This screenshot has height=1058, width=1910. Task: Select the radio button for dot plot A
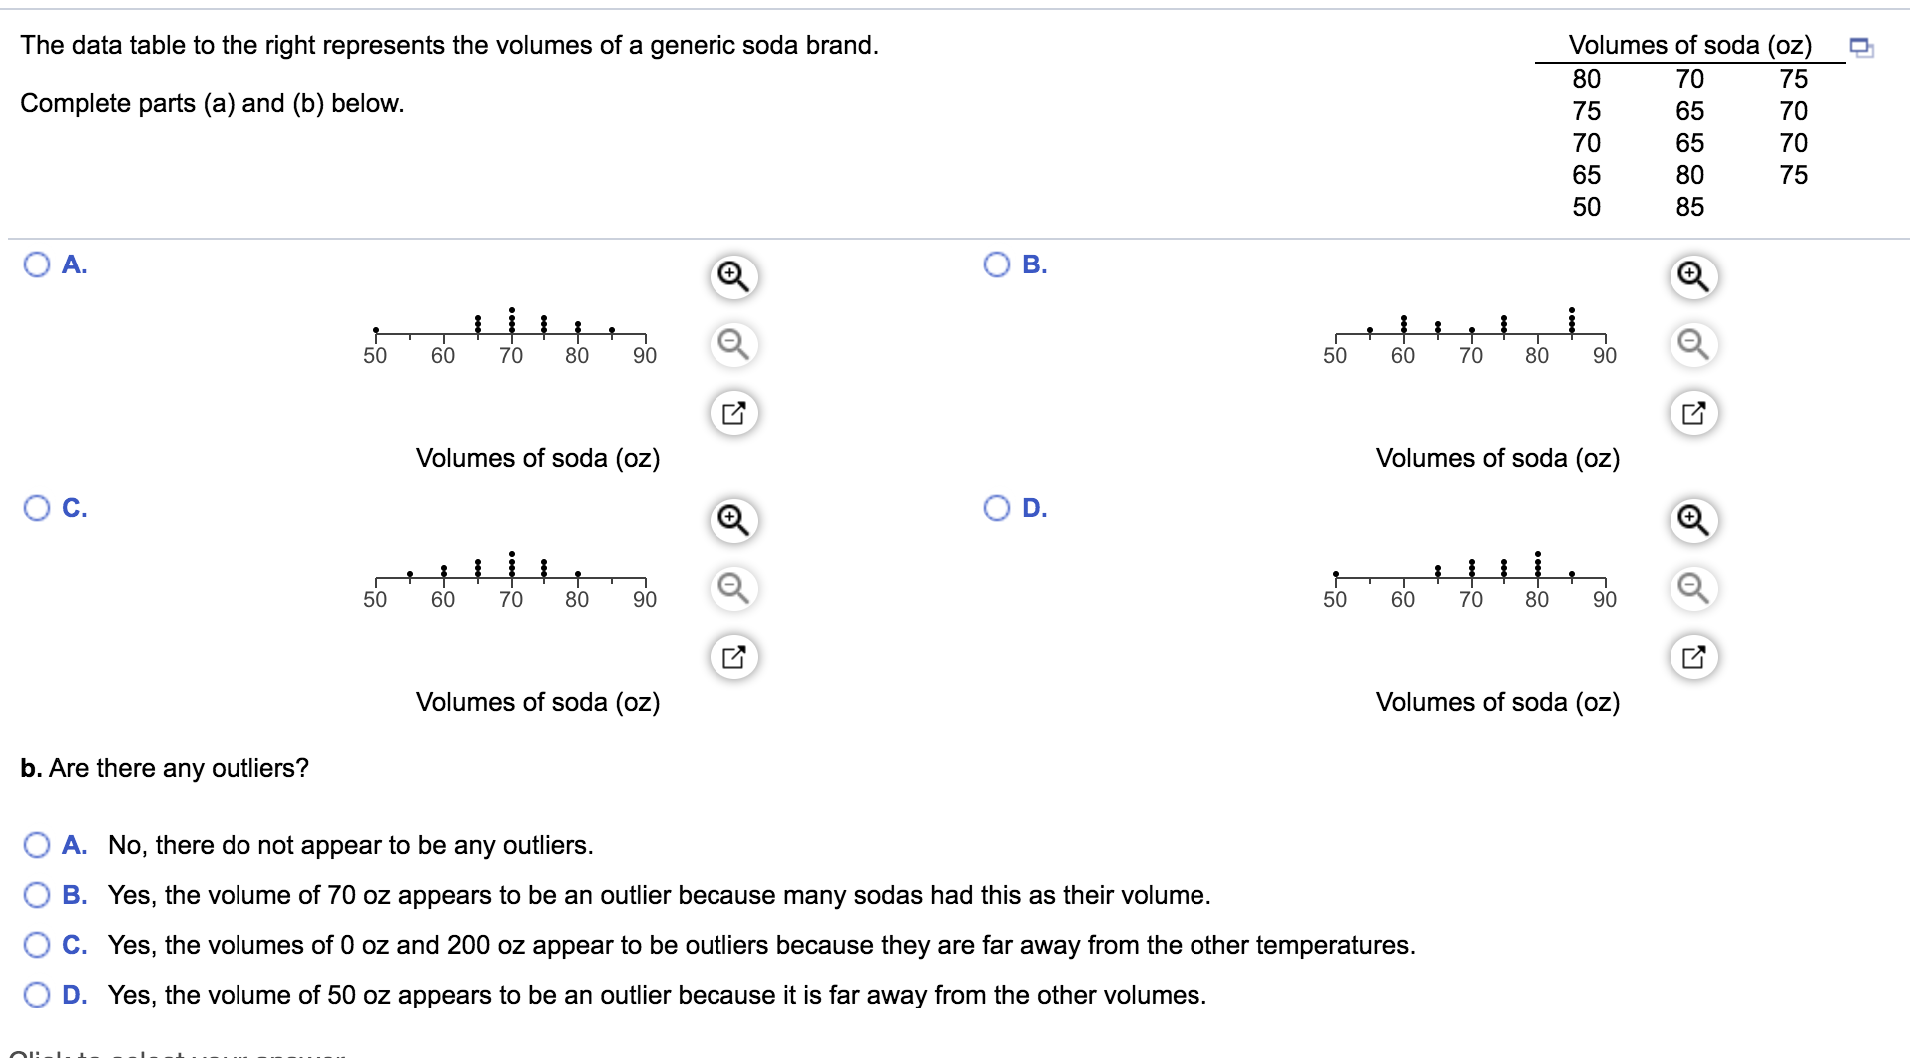tap(37, 264)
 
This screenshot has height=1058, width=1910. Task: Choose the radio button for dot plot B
tap(997, 264)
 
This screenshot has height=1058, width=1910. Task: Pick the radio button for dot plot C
tap(37, 508)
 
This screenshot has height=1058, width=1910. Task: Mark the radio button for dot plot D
tap(997, 508)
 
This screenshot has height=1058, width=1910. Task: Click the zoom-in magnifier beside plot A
tap(733, 276)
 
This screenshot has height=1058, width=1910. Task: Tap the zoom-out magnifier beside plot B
tap(1693, 345)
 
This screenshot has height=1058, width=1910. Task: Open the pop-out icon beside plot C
tap(733, 657)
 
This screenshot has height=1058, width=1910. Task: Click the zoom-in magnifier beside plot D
tap(1693, 520)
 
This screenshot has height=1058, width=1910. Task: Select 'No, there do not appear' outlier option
tap(37, 845)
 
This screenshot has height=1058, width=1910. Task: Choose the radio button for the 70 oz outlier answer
tap(37, 895)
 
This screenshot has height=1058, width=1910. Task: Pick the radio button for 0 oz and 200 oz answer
tap(37, 945)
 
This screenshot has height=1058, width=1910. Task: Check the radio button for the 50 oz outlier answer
tap(37, 995)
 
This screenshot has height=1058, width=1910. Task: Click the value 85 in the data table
tap(1689, 207)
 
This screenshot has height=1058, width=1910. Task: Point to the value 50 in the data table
tap(1586, 207)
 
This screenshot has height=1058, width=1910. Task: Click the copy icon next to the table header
tap(1861, 47)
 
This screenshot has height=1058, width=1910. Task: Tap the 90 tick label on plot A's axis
tap(645, 356)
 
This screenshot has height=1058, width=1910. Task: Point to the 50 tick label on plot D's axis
tap(1335, 600)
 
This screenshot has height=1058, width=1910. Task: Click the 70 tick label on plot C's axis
tap(511, 600)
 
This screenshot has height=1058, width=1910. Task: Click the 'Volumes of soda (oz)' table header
tap(1689, 45)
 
